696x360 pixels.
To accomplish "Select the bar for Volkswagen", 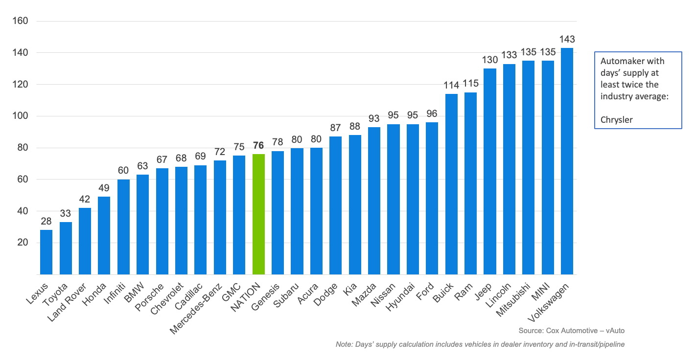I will coord(567,161).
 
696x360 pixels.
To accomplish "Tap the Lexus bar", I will coord(46,252).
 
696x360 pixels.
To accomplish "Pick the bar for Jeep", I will coord(490,171).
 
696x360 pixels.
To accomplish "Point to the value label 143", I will coord(567,40).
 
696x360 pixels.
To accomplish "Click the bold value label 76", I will coord(258,146).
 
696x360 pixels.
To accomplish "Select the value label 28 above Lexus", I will coord(46,222).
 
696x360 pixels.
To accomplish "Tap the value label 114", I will coord(451,85).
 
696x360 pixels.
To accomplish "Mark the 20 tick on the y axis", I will coord(23,243).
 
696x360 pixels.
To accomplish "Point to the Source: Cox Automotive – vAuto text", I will coord(572,331).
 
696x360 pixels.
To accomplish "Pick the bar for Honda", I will coord(104,235).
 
